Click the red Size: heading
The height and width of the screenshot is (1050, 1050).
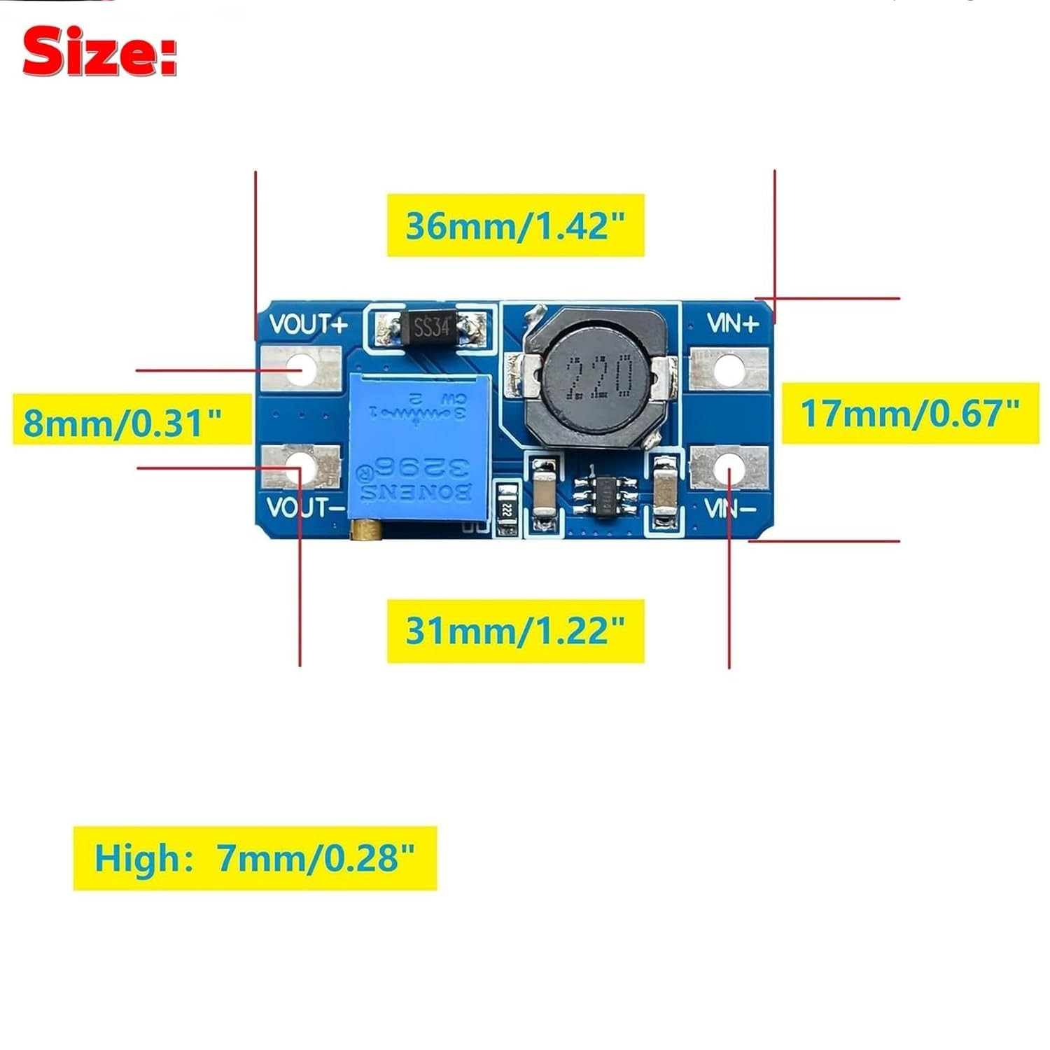[99, 52]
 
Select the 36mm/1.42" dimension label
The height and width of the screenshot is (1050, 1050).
[515, 225]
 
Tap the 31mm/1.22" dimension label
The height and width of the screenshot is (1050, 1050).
[515, 631]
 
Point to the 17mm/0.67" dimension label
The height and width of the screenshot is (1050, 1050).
[910, 413]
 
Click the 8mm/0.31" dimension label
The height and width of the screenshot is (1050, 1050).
[123, 422]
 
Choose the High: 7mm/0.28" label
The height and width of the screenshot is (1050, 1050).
[255, 857]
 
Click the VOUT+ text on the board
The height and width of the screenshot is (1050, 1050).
[308, 325]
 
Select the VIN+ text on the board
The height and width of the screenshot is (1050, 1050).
[732, 323]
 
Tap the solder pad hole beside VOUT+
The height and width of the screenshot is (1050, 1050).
[302, 368]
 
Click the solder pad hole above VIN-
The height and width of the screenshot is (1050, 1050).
[728, 466]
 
